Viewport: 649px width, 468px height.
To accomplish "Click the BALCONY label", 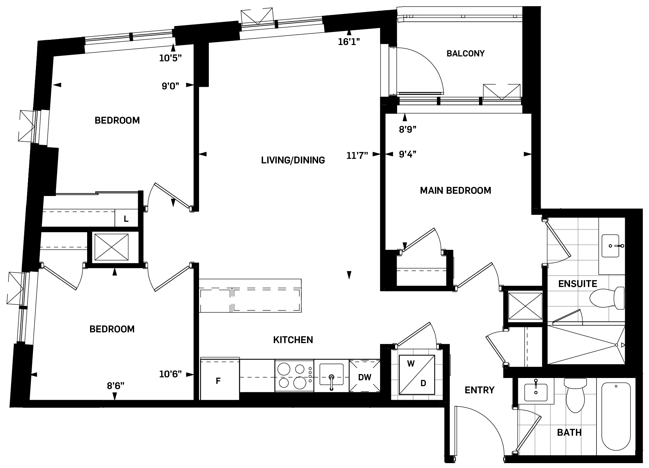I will coord(465,53).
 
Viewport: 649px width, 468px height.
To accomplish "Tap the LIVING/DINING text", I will coord(293,160).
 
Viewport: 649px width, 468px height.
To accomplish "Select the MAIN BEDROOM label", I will coord(455,190).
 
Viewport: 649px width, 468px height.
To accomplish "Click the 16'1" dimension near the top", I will coord(348,42).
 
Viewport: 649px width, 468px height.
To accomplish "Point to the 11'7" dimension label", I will coord(357,155).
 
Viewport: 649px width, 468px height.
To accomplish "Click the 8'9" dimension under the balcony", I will coord(408,129).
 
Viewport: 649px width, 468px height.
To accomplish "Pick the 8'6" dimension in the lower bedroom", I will coord(116,386).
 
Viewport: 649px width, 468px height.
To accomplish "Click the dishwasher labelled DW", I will coord(364,377).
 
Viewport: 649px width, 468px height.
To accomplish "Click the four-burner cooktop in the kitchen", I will coord(294,376).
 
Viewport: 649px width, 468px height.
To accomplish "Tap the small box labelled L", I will coord(126,219).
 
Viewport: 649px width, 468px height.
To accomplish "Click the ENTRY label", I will coord(479,390).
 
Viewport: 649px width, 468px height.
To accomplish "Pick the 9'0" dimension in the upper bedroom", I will coord(170,86).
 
